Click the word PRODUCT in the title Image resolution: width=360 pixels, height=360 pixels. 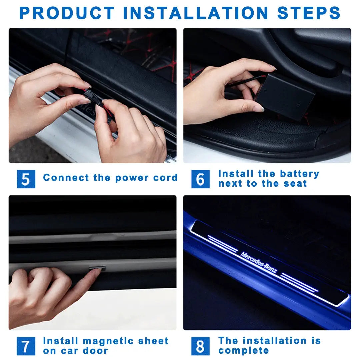click(x=67, y=13)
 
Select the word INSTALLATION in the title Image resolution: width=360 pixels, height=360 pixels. click(x=196, y=13)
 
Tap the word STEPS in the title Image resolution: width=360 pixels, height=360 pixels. click(x=309, y=13)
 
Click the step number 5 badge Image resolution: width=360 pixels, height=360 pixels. click(x=26, y=179)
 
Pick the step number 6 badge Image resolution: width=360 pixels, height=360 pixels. click(x=200, y=179)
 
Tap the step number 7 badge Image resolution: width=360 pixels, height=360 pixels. click(x=26, y=346)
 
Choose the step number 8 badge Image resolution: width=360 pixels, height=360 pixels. click(x=200, y=346)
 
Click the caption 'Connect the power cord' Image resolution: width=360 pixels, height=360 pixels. click(x=110, y=178)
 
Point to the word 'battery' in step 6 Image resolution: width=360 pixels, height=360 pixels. click(x=299, y=174)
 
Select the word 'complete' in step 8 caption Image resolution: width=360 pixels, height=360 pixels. click(x=244, y=351)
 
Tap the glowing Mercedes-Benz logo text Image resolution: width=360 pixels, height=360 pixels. click(x=258, y=263)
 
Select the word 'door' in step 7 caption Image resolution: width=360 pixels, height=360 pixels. click(x=96, y=351)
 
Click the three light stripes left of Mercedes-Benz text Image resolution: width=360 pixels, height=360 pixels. click(x=223, y=244)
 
